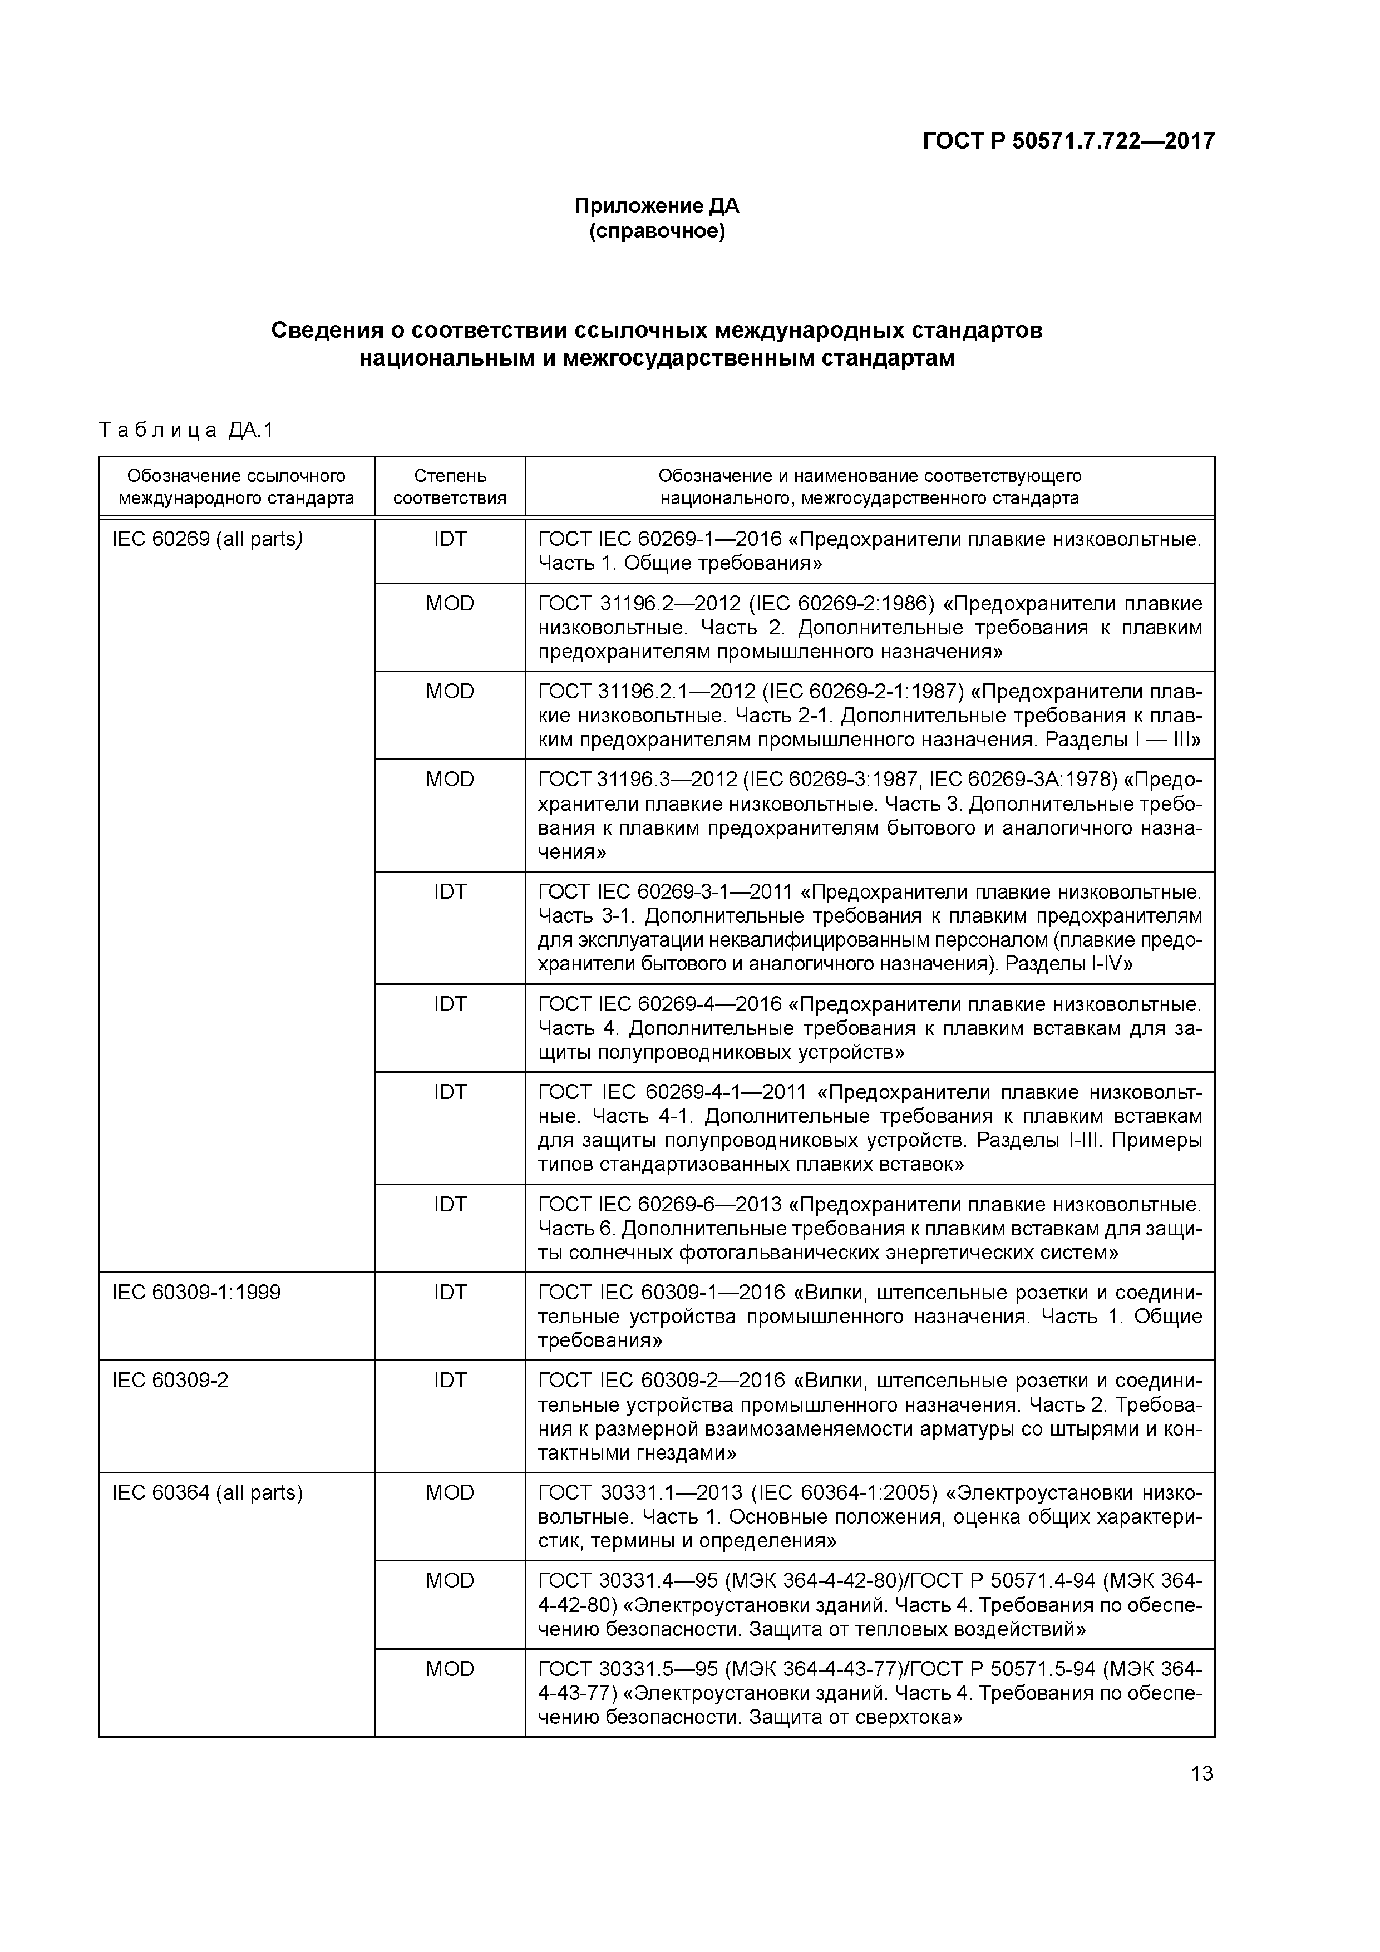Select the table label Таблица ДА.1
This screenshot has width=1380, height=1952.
pyautogui.click(x=186, y=430)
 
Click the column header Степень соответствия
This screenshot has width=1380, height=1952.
pyautogui.click(x=449, y=486)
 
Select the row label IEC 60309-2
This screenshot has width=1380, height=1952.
pyautogui.click(x=170, y=1380)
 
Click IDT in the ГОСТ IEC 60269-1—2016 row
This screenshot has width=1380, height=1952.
pyautogui.click(x=450, y=539)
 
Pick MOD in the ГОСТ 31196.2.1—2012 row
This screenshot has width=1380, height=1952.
pyautogui.click(x=450, y=691)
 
